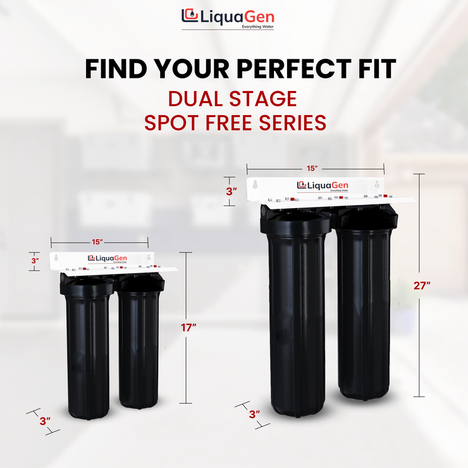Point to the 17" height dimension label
tap(188, 327)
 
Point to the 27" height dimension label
tap(421, 286)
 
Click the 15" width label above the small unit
tap(97, 242)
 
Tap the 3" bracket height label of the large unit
tap(232, 190)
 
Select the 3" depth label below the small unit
tap(44, 420)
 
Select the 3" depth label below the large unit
tap(254, 415)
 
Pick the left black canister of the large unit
tap(297, 316)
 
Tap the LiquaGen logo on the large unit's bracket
tap(323, 185)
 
